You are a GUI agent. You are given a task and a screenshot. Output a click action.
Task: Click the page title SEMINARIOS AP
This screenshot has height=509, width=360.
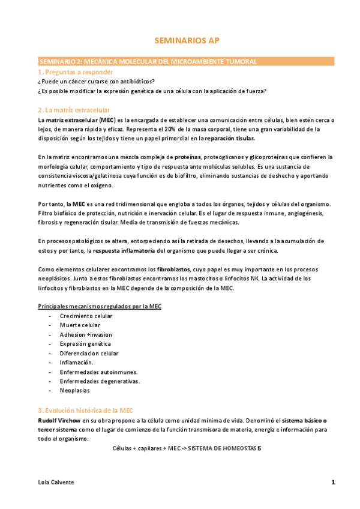179,41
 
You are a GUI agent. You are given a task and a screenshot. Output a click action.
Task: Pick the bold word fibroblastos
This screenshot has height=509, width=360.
175,270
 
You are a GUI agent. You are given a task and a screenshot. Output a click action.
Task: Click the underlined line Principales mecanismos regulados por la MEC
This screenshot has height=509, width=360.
100,307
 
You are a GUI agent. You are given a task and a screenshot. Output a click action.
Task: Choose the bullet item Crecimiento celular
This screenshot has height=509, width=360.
86,316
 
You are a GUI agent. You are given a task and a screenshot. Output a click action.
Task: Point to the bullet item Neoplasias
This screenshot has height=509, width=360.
75,390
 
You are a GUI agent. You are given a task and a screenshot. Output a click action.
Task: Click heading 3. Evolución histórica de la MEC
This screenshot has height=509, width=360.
85,411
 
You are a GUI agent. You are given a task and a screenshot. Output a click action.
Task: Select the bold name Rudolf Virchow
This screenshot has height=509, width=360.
59,420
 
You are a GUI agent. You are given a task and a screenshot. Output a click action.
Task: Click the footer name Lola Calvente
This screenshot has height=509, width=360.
55,482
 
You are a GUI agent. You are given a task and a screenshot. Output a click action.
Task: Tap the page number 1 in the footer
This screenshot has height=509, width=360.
333,482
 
